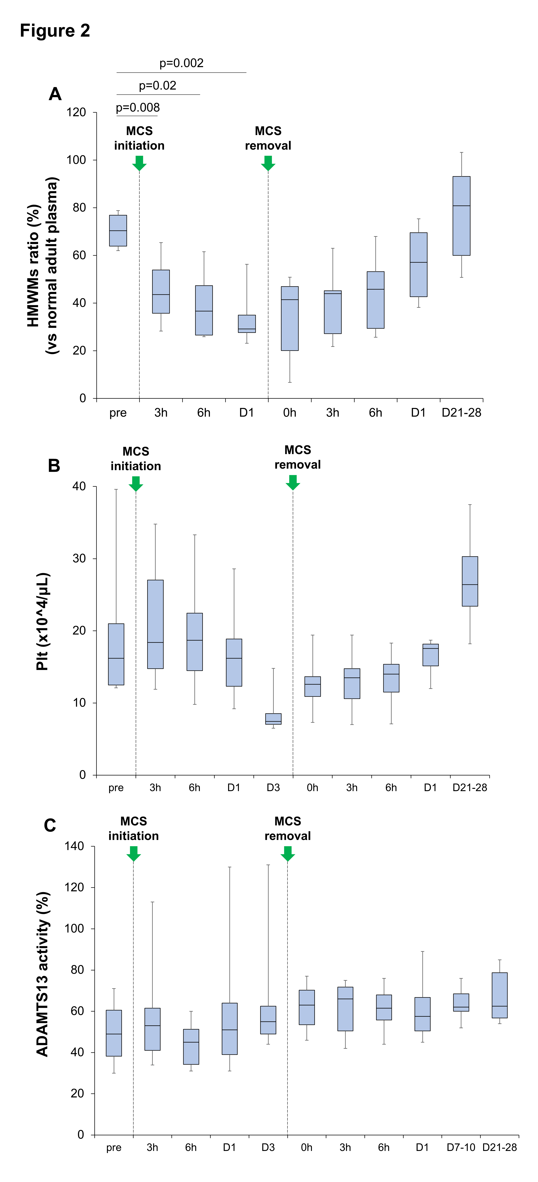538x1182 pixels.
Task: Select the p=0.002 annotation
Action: coord(181,63)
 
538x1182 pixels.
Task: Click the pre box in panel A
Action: coord(118,230)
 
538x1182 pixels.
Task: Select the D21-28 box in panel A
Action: coord(461,216)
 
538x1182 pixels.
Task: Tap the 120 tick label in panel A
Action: coord(76,112)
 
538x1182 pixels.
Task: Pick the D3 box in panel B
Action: coord(273,719)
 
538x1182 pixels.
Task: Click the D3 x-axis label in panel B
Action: coord(273,787)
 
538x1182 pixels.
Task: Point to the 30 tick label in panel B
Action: coord(79,558)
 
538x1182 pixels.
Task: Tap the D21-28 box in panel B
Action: coord(469,581)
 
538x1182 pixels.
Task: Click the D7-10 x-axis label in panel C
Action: coord(461,1147)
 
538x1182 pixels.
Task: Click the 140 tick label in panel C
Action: coord(75,846)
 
